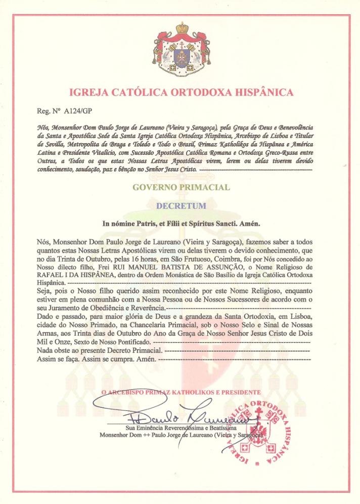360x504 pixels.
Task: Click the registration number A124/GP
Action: (x=71, y=108)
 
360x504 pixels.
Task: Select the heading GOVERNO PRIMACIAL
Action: (x=181, y=188)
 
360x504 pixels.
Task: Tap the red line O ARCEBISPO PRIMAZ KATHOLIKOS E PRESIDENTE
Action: (x=181, y=392)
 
